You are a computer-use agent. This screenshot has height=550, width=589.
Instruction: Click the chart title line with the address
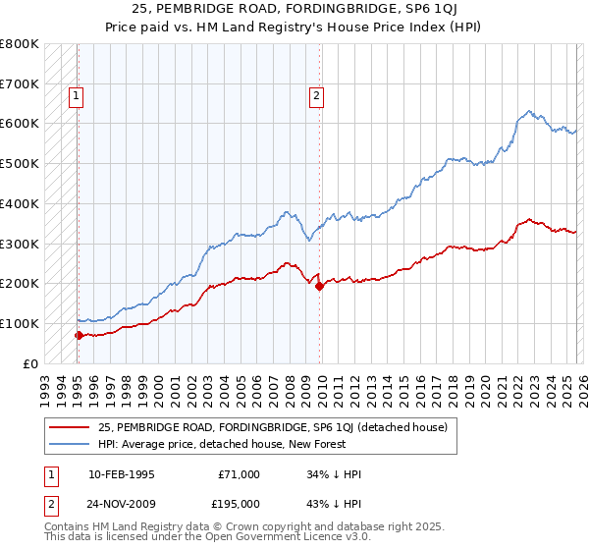click(294, 11)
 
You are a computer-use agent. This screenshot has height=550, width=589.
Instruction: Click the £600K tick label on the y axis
click(21, 124)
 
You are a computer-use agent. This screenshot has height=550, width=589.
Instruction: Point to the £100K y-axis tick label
click(21, 323)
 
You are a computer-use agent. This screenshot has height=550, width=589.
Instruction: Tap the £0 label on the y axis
click(30, 363)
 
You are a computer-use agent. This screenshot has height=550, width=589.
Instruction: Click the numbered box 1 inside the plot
click(76, 96)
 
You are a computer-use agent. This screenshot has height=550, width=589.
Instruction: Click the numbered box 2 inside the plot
click(316, 96)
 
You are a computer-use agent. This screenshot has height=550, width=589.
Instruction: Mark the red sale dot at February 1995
click(79, 335)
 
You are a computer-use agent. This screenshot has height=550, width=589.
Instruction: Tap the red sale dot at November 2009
click(319, 286)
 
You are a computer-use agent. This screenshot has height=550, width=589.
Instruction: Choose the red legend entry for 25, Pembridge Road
click(272, 427)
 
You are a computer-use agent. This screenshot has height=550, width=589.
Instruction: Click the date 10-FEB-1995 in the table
click(120, 474)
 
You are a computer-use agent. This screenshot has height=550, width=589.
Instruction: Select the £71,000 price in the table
click(240, 474)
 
